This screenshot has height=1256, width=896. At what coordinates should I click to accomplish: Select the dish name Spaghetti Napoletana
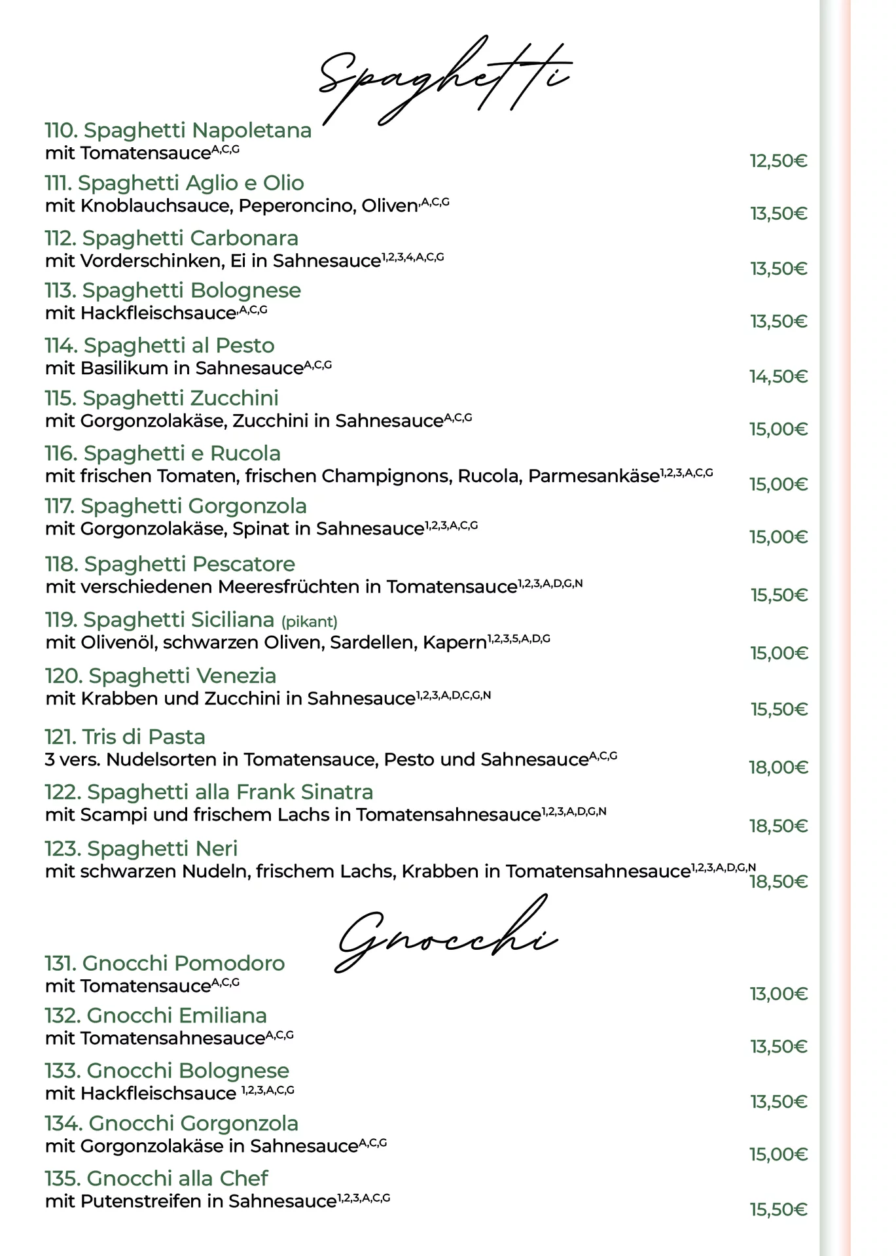[x=178, y=130]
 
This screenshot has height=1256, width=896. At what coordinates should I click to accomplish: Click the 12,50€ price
[x=778, y=161]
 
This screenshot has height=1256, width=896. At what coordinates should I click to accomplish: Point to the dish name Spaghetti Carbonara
[x=171, y=238]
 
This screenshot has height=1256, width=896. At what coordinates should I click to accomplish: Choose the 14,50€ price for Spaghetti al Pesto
[x=778, y=376]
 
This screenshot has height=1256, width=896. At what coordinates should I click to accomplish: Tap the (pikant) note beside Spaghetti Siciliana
[x=310, y=621]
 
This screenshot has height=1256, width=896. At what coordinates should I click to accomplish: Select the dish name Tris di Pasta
[x=125, y=737]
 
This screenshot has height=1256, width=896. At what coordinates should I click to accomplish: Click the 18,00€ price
[x=778, y=767]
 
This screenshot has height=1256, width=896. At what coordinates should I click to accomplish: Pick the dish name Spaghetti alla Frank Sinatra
[x=209, y=792]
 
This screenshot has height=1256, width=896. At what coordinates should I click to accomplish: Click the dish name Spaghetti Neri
[x=141, y=848]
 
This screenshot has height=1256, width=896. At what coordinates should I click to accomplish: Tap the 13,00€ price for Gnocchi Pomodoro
[x=778, y=994]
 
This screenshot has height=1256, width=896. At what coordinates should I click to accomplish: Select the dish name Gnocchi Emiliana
[x=156, y=1015]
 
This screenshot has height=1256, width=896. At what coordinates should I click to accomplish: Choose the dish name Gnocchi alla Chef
[x=156, y=1178]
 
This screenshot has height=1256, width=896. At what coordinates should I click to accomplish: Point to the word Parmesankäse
[x=593, y=476]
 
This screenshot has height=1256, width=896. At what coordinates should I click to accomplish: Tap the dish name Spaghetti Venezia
[x=161, y=676]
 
